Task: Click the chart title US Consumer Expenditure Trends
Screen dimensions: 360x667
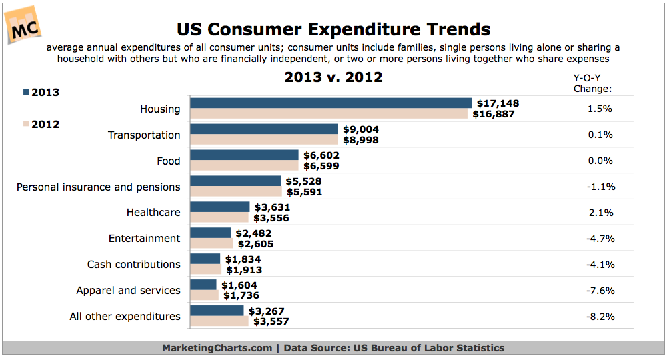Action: point(333,29)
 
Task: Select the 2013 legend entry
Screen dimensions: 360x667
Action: point(41,92)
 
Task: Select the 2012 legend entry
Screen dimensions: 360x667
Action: point(41,124)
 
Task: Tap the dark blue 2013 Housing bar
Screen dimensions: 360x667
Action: point(331,103)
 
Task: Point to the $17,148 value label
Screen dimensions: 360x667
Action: point(498,103)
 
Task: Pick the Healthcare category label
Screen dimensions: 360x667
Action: point(153,213)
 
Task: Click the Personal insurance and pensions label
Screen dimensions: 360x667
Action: point(99,187)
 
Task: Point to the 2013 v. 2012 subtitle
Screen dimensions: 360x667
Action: point(333,77)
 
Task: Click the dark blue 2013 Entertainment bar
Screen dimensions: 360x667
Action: point(211,233)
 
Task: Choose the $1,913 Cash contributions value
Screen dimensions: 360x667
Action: point(243,270)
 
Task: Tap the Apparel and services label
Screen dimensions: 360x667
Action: point(128,290)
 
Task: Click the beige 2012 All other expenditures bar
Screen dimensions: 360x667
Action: point(219,321)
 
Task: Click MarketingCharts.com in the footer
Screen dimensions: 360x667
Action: point(217,348)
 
